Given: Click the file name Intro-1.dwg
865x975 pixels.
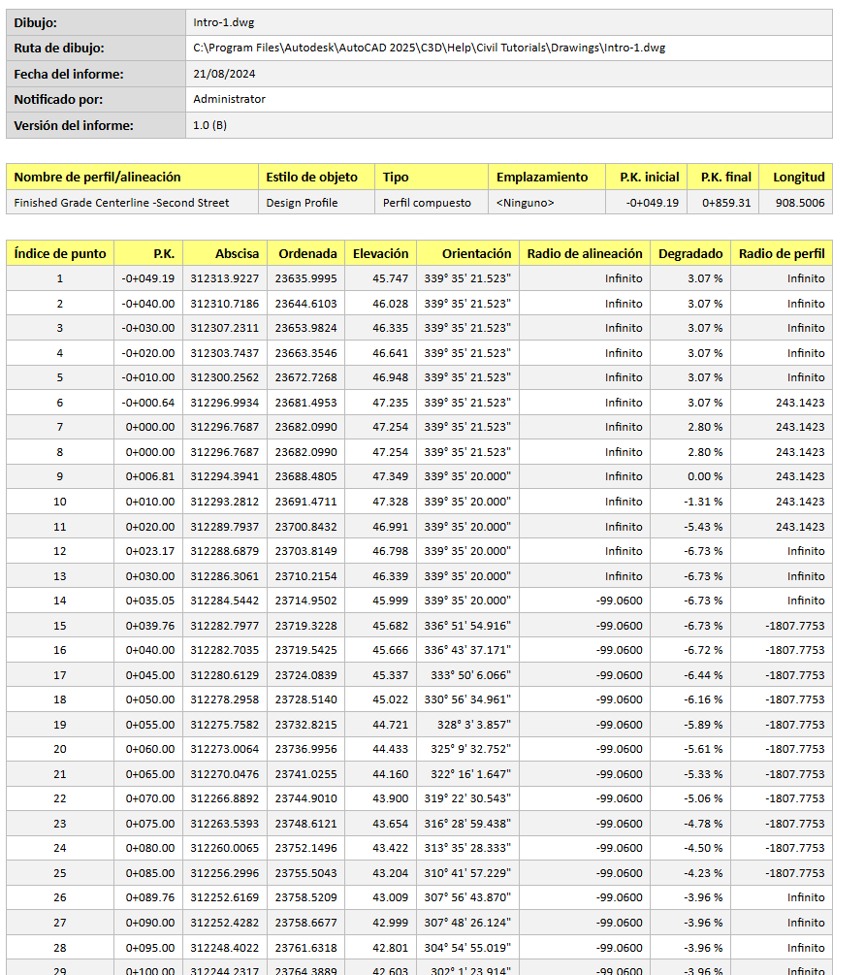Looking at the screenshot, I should pos(224,22).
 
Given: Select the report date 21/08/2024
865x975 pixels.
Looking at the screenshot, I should pos(224,74).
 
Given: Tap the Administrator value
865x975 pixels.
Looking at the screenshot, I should pos(229,99).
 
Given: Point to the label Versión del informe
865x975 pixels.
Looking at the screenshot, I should pos(74,125).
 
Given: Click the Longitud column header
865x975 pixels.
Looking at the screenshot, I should pos(798,177).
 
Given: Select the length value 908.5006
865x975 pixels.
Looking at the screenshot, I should pos(800,203).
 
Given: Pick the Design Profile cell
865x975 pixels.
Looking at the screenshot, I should pos(303,203).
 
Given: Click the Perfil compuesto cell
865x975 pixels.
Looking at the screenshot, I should pos(427,203).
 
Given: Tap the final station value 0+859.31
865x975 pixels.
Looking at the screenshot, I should pos(725,203).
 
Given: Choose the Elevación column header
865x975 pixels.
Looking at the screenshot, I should pos(380,253).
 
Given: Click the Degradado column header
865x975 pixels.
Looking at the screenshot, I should pos(690,253).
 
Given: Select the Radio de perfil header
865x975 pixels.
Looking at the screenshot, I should pos(782,253).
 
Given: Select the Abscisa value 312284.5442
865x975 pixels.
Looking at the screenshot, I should pos(224,601).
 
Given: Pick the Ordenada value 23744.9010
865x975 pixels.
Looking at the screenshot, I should pos(307,798).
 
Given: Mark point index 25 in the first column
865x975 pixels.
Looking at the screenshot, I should pos(60,873).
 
